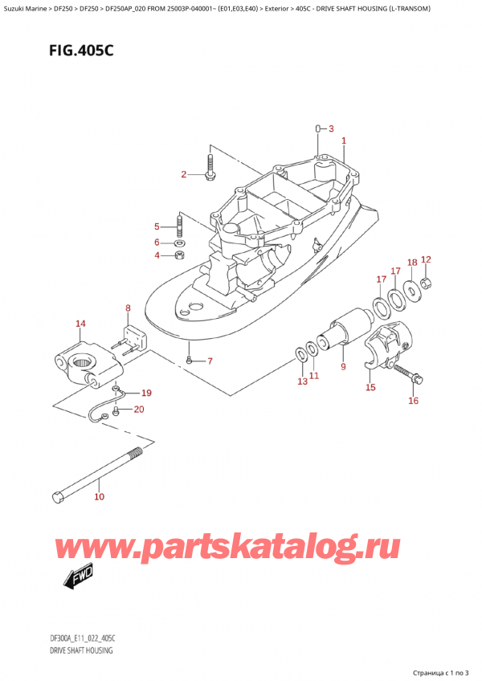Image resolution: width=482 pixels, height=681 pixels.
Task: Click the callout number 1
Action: pos(344,141)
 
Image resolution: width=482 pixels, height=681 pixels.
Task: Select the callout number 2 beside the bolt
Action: pos(183,174)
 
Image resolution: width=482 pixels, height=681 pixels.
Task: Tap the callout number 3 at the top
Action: pos(330,128)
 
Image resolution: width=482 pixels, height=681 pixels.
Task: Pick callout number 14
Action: pos(80,324)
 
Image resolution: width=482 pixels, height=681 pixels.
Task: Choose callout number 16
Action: pos(414,401)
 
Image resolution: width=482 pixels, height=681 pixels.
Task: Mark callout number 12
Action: pos(426,259)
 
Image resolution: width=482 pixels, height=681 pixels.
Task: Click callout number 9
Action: pos(343,368)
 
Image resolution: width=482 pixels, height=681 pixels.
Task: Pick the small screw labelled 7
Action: pos(188,361)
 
